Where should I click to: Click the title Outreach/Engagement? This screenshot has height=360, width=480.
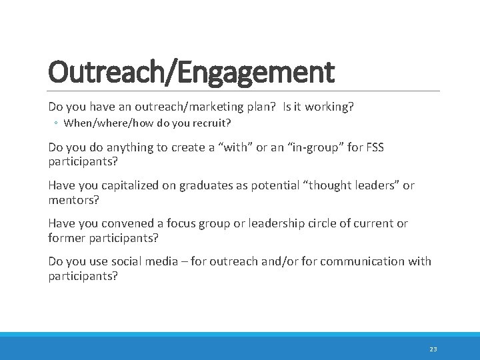click(191, 72)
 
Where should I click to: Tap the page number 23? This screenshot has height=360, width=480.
click(433, 349)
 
